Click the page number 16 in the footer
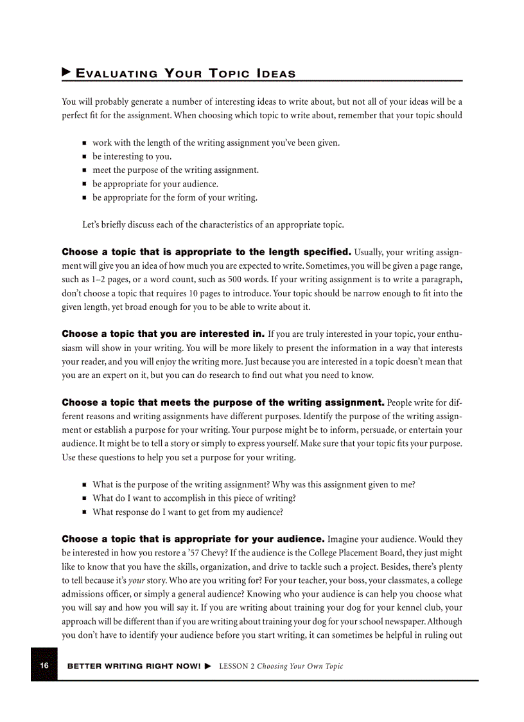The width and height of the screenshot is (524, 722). pyautogui.click(x=44, y=665)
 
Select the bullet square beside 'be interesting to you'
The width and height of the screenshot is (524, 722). pyautogui.click(x=85, y=157)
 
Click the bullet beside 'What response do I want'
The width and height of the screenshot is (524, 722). pyautogui.click(x=85, y=513)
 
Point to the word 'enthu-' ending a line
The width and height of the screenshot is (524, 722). pyautogui.click(x=446, y=334)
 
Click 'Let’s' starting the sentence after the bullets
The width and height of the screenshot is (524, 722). pyautogui.click(x=92, y=225)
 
